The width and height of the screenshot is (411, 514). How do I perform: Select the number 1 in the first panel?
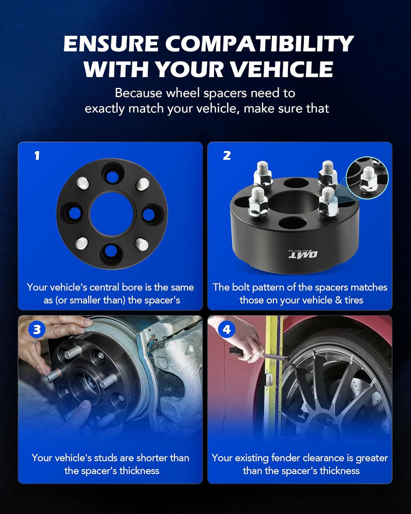pos(37,156)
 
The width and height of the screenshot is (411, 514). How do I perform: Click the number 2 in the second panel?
pos(227,156)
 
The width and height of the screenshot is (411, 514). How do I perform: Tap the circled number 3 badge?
pos(37,330)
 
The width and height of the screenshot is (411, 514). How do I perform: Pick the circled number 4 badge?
pos(227,330)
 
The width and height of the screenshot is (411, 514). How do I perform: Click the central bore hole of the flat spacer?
pos(112,214)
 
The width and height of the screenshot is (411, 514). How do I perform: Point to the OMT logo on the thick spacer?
pos(303,254)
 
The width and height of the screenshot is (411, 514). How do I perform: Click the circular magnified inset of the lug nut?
pos(367,178)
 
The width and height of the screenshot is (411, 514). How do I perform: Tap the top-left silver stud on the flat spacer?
pos(83,183)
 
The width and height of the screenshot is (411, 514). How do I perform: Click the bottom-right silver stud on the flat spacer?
pos(142,244)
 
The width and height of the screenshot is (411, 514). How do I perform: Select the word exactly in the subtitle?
pos(104,109)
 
